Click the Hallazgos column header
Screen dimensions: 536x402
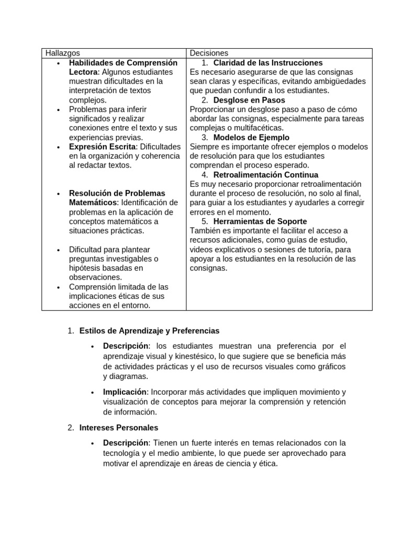point(62,53)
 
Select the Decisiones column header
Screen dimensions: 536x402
point(209,53)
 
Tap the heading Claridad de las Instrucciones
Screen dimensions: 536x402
point(268,63)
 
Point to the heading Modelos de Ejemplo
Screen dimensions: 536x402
point(251,138)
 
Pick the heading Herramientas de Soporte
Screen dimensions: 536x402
point(260,221)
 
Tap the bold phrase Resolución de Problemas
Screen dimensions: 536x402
point(117,193)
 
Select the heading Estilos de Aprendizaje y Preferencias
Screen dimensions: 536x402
point(149,331)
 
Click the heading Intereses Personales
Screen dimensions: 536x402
point(118,428)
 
